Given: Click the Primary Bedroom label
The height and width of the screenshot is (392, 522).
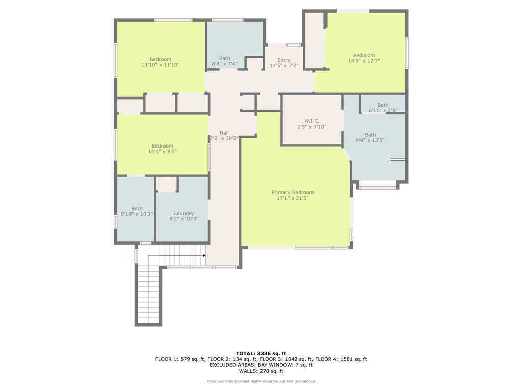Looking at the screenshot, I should (x=292, y=192).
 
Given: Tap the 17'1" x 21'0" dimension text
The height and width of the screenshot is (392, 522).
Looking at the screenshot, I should (x=292, y=198).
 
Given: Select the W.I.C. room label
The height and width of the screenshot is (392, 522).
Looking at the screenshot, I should (x=311, y=121).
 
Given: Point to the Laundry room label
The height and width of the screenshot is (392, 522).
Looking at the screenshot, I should (x=184, y=213).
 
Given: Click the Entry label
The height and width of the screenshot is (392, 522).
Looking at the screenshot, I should (x=283, y=60).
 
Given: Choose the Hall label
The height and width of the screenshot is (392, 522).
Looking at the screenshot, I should (x=224, y=133).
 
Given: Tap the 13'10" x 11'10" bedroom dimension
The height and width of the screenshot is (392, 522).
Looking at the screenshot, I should (x=161, y=65).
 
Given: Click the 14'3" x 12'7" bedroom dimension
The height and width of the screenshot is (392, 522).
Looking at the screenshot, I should (x=364, y=61).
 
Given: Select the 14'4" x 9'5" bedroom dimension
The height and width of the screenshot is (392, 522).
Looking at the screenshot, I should (x=162, y=151).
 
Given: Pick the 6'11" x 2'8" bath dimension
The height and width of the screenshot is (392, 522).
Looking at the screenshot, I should (x=383, y=110).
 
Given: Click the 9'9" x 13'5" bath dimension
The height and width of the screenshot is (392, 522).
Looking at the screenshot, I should (x=370, y=140).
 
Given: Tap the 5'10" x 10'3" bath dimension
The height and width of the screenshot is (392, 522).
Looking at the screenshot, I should (x=137, y=214).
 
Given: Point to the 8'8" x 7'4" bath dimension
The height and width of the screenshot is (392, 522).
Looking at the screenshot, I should (x=224, y=64).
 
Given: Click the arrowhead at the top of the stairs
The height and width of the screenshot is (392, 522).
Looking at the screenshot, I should (x=204, y=255).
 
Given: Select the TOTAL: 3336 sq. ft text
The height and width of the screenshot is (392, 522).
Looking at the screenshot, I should (x=261, y=353).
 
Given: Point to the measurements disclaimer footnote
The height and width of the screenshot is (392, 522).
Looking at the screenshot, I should (x=261, y=381).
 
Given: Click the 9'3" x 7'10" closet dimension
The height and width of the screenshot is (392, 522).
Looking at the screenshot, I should (x=311, y=127).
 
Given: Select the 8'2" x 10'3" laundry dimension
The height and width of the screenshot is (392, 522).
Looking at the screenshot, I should (x=184, y=219).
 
